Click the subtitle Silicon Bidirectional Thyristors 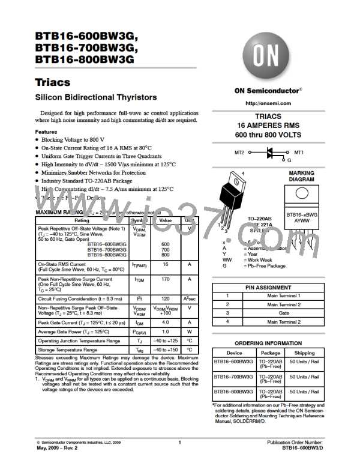(97, 98)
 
